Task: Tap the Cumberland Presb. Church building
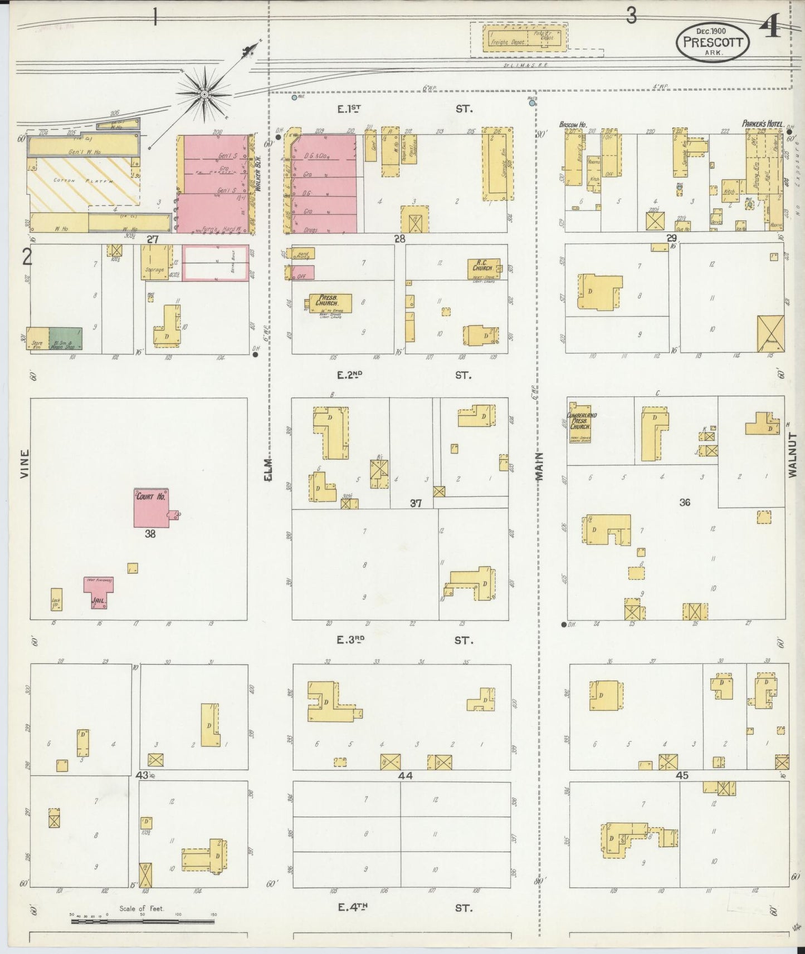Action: point(579,428)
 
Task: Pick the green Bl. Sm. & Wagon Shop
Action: point(66,338)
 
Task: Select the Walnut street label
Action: point(793,455)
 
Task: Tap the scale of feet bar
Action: point(143,922)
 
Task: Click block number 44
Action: point(405,775)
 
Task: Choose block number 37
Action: point(416,503)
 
